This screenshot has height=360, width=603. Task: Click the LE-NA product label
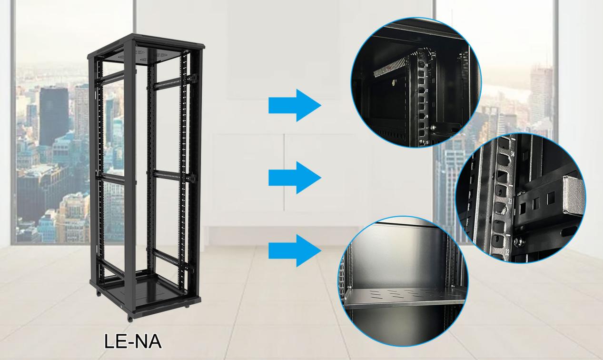[133, 341]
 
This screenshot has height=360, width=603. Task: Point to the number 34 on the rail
[512, 154]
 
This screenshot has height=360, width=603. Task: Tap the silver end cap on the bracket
[573, 196]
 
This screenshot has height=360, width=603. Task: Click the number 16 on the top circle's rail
[427, 116]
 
